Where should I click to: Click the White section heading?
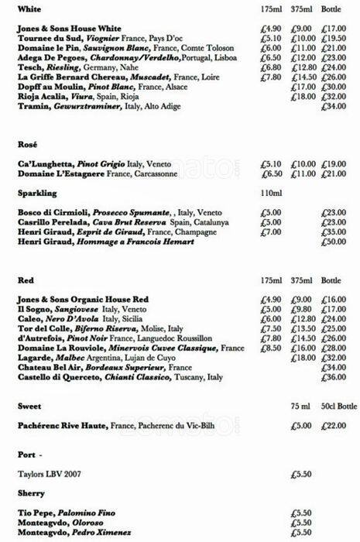click(29, 9)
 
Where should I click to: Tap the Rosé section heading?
click(28, 144)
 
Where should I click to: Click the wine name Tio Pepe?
click(33, 513)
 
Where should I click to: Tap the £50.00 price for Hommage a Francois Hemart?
click(334, 242)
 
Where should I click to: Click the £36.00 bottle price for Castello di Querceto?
click(334, 377)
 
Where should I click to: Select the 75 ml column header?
click(300, 406)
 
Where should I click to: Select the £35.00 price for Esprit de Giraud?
click(334, 232)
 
